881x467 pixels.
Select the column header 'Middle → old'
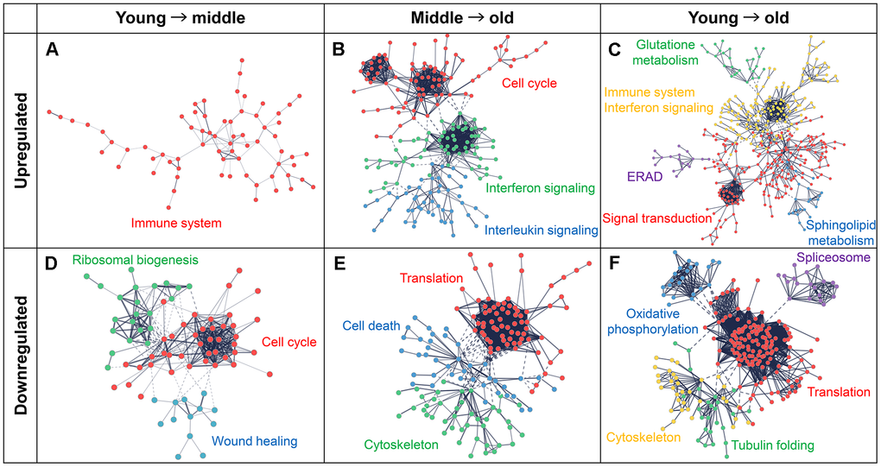(x=460, y=16)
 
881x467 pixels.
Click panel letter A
(x=54, y=51)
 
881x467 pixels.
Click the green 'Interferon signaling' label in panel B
(x=539, y=187)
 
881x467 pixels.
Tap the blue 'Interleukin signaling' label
(x=541, y=230)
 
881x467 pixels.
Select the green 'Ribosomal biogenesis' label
(x=136, y=259)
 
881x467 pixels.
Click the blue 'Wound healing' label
(x=255, y=442)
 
